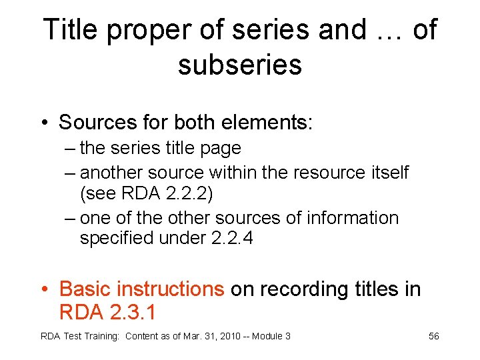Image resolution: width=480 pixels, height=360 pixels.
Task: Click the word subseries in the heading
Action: tap(240, 65)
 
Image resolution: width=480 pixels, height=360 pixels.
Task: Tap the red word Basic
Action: tap(85, 289)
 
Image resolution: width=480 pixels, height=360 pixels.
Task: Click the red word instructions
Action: tap(169, 289)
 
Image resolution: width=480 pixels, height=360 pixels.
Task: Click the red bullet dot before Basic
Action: tap(44, 289)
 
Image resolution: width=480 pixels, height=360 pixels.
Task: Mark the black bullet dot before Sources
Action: tap(44, 123)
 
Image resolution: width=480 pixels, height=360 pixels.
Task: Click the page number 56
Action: tap(433, 336)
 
